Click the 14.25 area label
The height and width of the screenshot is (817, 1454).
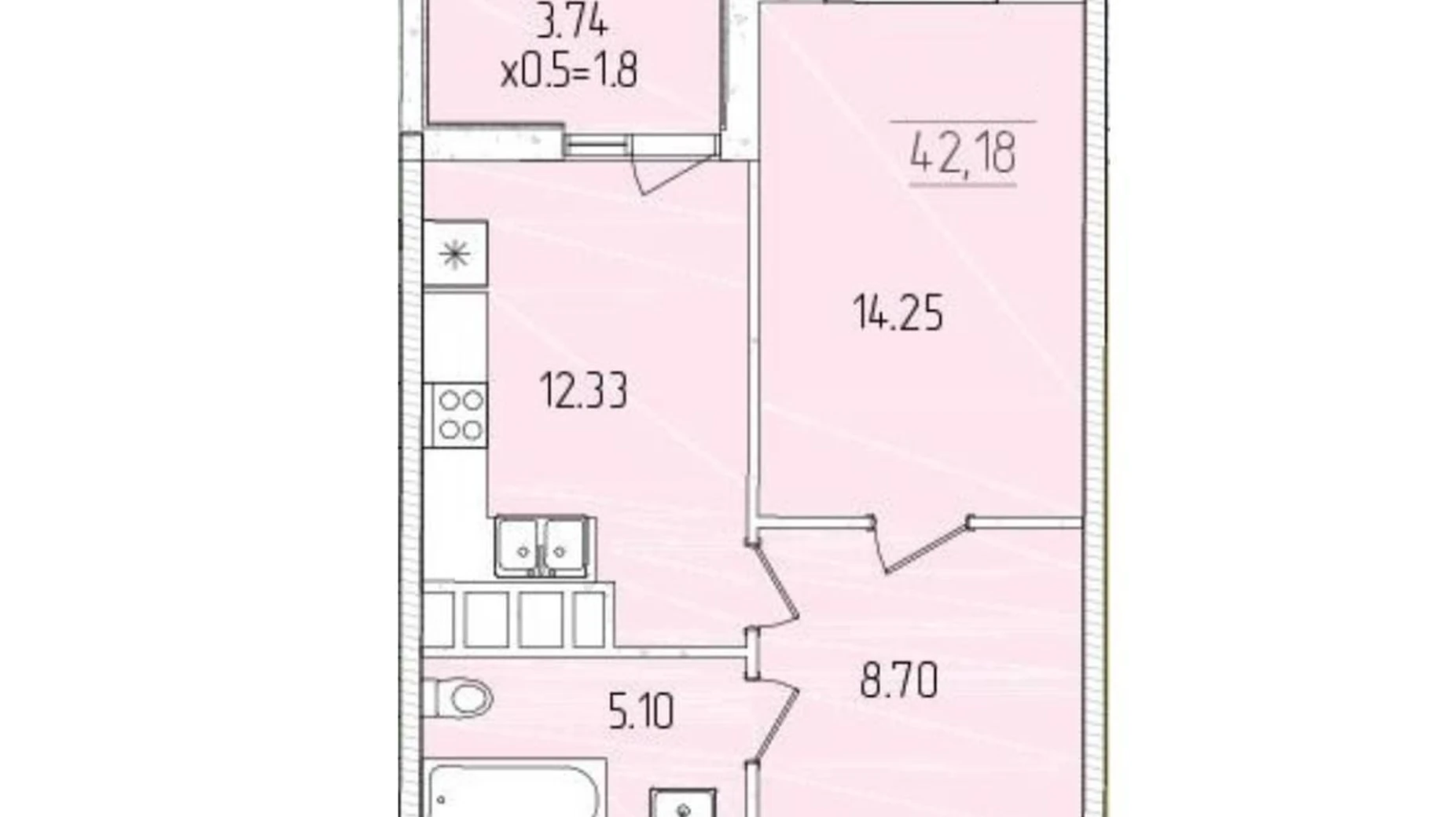pos(898,313)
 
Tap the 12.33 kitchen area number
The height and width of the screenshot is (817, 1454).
pos(583,390)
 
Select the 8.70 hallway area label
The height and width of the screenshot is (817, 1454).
pos(898,681)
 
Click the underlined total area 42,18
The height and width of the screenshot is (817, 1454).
pos(963,152)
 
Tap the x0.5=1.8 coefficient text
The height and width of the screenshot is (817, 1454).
pos(569,72)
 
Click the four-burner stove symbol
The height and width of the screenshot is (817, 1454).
pos(456,416)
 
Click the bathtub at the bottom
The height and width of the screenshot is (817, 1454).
pos(515,790)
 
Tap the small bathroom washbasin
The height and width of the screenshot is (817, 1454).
pos(682,803)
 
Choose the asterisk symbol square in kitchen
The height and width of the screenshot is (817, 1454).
pos(455,254)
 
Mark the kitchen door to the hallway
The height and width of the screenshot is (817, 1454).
pos(774,585)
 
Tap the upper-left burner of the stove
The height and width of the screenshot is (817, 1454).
pos(449,401)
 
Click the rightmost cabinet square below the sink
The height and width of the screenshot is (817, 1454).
pos(588,618)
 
